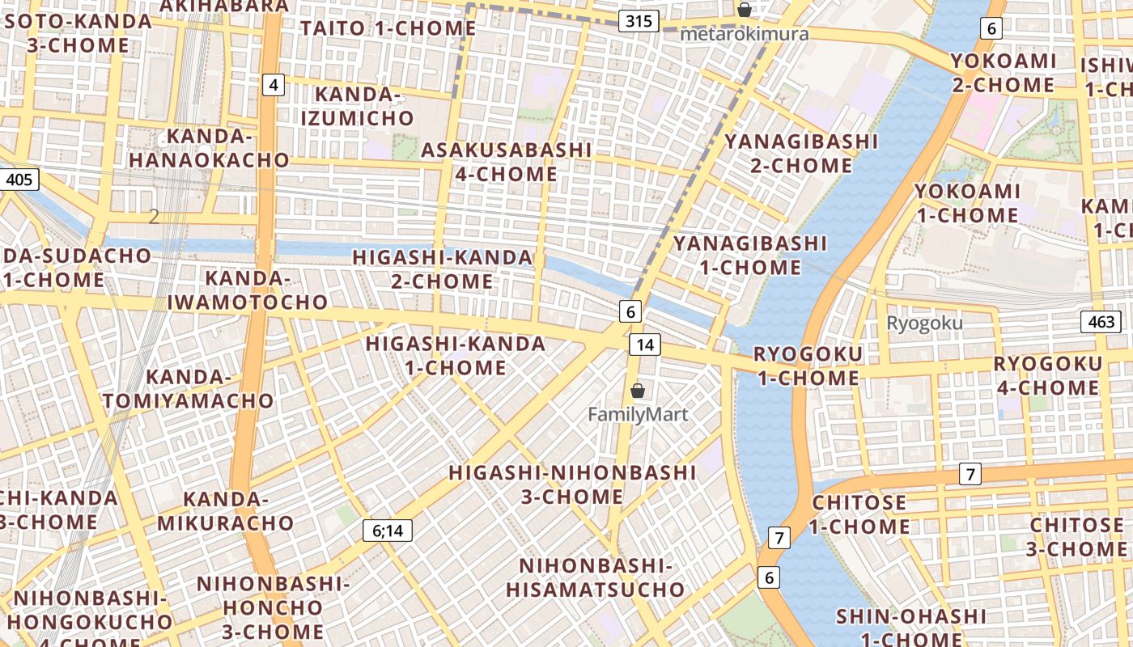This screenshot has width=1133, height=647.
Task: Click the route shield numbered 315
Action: tap(639, 21)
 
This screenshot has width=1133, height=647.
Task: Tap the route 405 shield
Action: tap(19, 179)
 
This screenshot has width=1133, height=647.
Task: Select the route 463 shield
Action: tap(1101, 322)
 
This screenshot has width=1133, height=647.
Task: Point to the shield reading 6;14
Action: tap(388, 531)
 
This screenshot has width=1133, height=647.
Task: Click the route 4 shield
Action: tap(274, 84)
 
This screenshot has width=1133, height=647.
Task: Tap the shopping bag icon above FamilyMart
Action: tap(638, 391)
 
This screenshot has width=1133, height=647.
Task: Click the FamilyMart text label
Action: tap(638, 415)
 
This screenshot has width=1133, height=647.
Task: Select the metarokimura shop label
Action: tap(744, 34)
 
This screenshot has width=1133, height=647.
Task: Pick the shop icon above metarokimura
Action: tap(744, 11)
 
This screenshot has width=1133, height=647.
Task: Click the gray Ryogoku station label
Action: tap(924, 323)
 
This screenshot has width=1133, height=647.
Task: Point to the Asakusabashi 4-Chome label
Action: tap(507, 162)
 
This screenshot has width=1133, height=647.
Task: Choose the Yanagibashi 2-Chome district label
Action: tap(801, 154)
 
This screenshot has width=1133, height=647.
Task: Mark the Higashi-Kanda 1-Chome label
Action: tap(456, 355)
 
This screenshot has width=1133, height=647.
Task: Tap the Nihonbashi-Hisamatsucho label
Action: tap(596, 577)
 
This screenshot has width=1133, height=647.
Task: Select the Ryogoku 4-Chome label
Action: tap(1047, 375)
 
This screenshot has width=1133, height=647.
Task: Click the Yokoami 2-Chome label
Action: tap(1004, 73)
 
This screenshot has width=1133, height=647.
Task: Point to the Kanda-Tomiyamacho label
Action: tap(189, 389)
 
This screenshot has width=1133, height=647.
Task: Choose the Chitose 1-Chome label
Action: tap(860, 514)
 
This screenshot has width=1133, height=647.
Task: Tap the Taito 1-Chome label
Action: tap(388, 28)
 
